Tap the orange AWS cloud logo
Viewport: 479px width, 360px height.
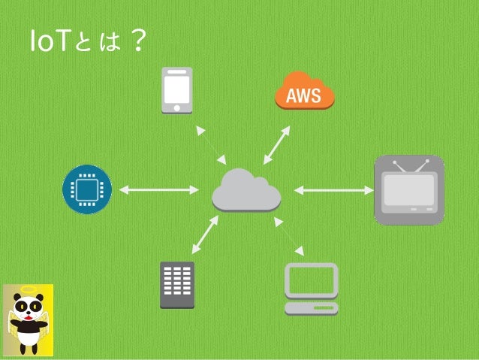click(x=304, y=92)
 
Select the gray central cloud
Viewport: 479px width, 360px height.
click(x=246, y=189)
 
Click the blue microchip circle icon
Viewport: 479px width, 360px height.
click(x=86, y=189)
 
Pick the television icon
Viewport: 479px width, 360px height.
click(x=409, y=189)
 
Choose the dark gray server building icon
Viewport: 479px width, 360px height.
click(x=177, y=285)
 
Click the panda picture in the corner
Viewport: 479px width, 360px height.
click(x=27, y=319)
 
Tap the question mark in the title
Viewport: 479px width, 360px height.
click(x=136, y=41)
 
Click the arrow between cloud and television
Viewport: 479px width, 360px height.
click(x=333, y=189)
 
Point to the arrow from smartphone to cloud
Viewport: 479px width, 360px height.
click(x=211, y=144)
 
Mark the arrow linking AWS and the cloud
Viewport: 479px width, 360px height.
click(x=277, y=145)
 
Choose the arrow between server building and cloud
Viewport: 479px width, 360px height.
click(x=205, y=234)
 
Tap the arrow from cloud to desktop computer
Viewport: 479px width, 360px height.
click(x=289, y=235)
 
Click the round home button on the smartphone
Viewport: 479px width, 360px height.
click(x=177, y=107)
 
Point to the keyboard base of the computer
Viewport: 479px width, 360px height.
click(x=311, y=308)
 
